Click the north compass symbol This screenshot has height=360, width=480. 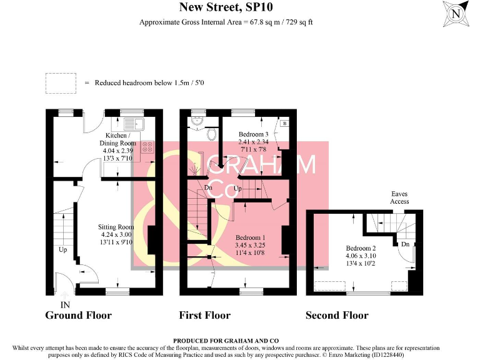tap(456, 13)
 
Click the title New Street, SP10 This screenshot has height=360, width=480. tap(226, 7)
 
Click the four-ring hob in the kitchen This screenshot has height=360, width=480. tap(148, 147)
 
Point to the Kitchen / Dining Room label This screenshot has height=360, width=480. tap(118, 147)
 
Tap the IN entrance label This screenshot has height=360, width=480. tap(64, 304)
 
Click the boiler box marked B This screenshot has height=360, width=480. tap(285, 124)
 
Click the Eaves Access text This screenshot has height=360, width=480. tap(399, 197)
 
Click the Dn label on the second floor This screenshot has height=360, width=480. tap(405, 244)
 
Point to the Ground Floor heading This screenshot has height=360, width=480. tap(78, 315)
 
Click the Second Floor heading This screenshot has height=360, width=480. tap(336, 315)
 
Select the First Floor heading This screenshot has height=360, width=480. tap(204, 315)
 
